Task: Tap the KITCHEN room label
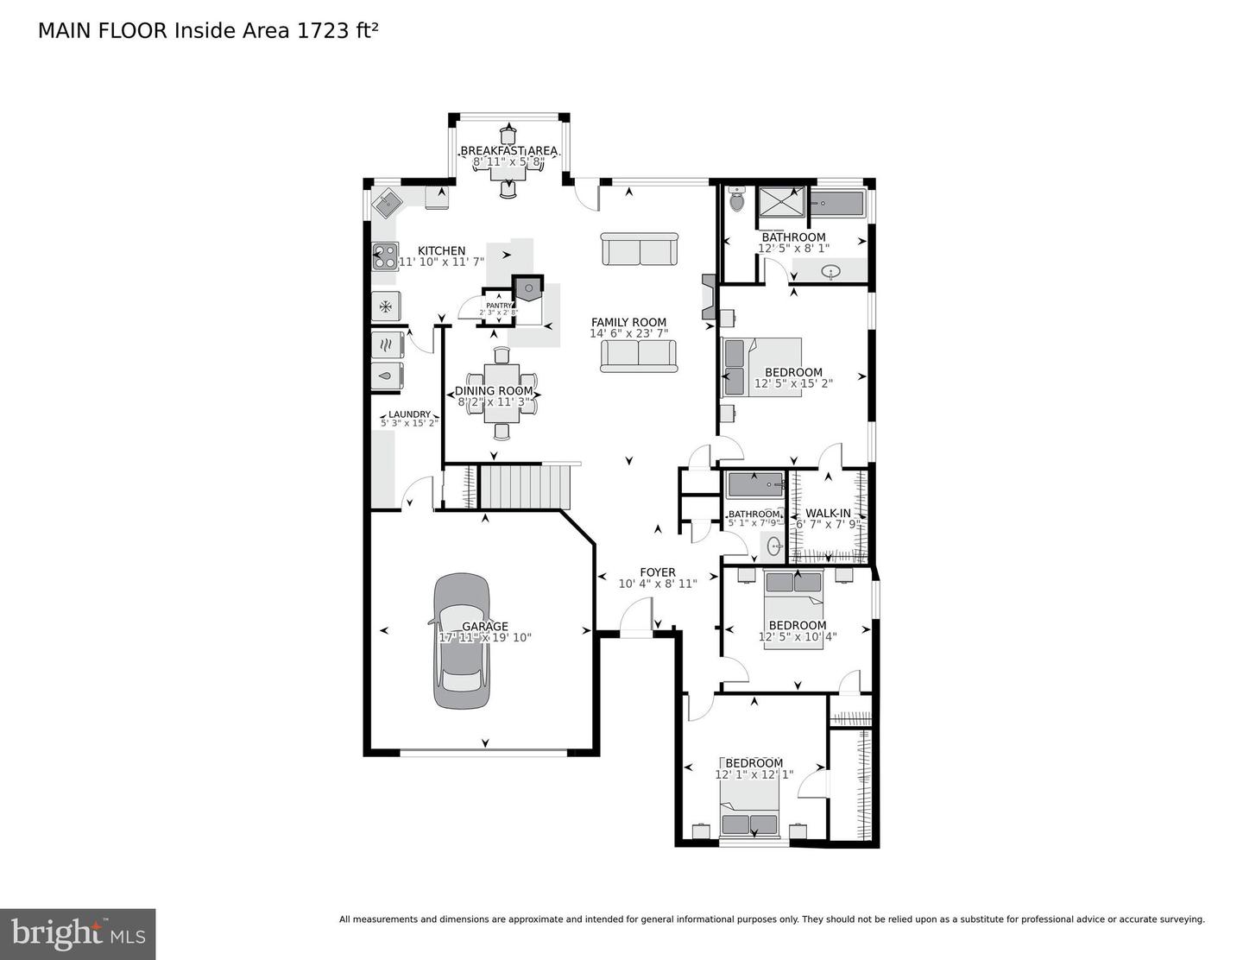[441, 251]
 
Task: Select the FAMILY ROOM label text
[628, 323]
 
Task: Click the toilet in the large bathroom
[736, 200]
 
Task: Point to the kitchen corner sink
[385, 205]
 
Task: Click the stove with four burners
[385, 256]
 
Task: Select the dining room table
[502, 393]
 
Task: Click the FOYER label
[657, 572]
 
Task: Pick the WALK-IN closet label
[827, 514]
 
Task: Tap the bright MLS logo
[78, 934]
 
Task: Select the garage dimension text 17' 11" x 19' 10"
[485, 638]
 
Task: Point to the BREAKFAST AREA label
[508, 151]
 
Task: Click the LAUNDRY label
[408, 414]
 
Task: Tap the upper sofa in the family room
[639, 249]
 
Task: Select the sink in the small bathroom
[774, 546]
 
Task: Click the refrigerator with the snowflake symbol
[386, 306]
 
